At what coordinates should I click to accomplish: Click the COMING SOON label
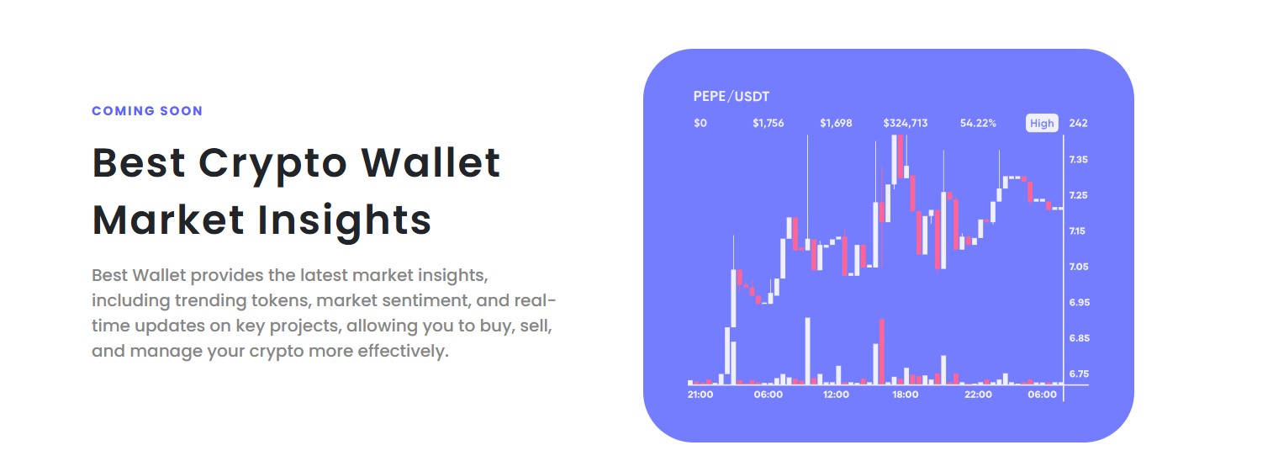[x=147, y=111]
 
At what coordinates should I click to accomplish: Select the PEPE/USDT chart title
[x=732, y=97]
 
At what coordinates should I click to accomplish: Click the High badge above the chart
[x=1042, y=124]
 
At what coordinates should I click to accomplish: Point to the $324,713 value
[x=906, y=124]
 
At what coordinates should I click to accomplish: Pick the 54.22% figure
[x=978, y=124]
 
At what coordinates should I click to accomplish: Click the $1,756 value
[x=769, y=124]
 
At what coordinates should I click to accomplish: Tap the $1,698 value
[x=836, y=124]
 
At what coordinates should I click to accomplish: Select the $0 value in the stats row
[x=700, y=124]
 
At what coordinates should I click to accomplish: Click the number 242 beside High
[x=1078, y=124]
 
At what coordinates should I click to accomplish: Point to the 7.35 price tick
[x=1078, y=160]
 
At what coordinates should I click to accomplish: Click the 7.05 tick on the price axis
[x=1079, y=267]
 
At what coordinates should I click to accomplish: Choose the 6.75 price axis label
[x=1079, y=374]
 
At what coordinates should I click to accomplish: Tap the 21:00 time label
[x=700, y=395]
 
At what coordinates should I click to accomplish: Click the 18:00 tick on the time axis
[x=906, y=395]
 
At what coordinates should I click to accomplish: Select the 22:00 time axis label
[x=978, y=395]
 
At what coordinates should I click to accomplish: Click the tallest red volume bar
[x=882, y=352]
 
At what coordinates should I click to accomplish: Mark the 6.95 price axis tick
[x=1080, y=302]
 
